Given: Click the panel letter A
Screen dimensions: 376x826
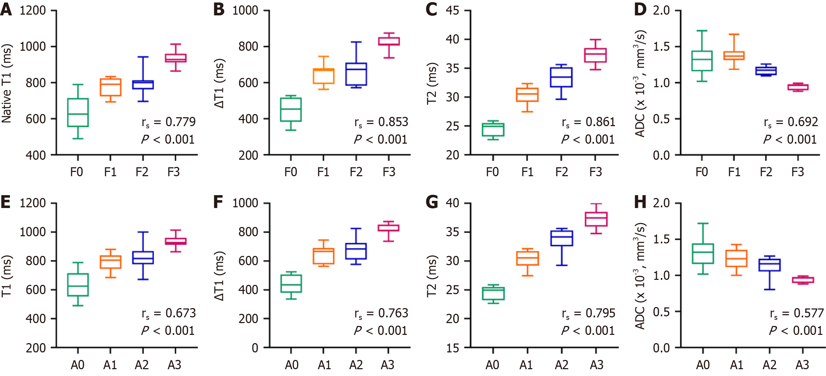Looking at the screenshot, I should pyautogui.click(x=6, y=10).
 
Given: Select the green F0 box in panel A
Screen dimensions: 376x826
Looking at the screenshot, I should pyautogui.click(x=78, y=113).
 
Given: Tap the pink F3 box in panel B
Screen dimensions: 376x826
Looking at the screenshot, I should pyautogui.click(x=389, y=41).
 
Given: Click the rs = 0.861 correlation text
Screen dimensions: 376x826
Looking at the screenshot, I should pyautogui.click(x=589, y=122).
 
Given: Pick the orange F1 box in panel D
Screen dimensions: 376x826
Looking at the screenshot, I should pyautogui.click(x=734, y=55).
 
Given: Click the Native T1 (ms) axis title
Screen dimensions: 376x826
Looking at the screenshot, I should pyautogui.click(x=7, y=83).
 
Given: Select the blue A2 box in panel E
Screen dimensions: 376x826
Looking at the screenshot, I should pyautogui.click(x=143, y=258).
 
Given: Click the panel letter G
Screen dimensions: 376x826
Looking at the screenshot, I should pyautogui.click(x=432, y=202).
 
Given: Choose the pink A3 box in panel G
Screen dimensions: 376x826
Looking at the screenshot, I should pyautogui.click(x=596, y=219).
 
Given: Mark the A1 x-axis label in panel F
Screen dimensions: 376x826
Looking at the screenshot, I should pyautogui.click(x=324, y=365).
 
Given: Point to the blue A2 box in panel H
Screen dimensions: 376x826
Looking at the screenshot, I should pyautogui.click(x=770, y=265).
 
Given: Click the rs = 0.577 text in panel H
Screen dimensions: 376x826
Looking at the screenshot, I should pyautogui.click(x=797, y=313).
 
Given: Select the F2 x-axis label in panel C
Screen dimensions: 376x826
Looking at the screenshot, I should pyautogui.click(x=561, y=172).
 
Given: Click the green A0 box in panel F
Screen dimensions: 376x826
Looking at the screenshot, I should pyautogui.click(x=291, y=283).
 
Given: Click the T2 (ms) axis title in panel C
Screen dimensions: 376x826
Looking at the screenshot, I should pyautogui.click(x=432, y=83).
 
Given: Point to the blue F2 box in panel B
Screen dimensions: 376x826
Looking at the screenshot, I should pyautogui.click(x=356, y=74).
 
